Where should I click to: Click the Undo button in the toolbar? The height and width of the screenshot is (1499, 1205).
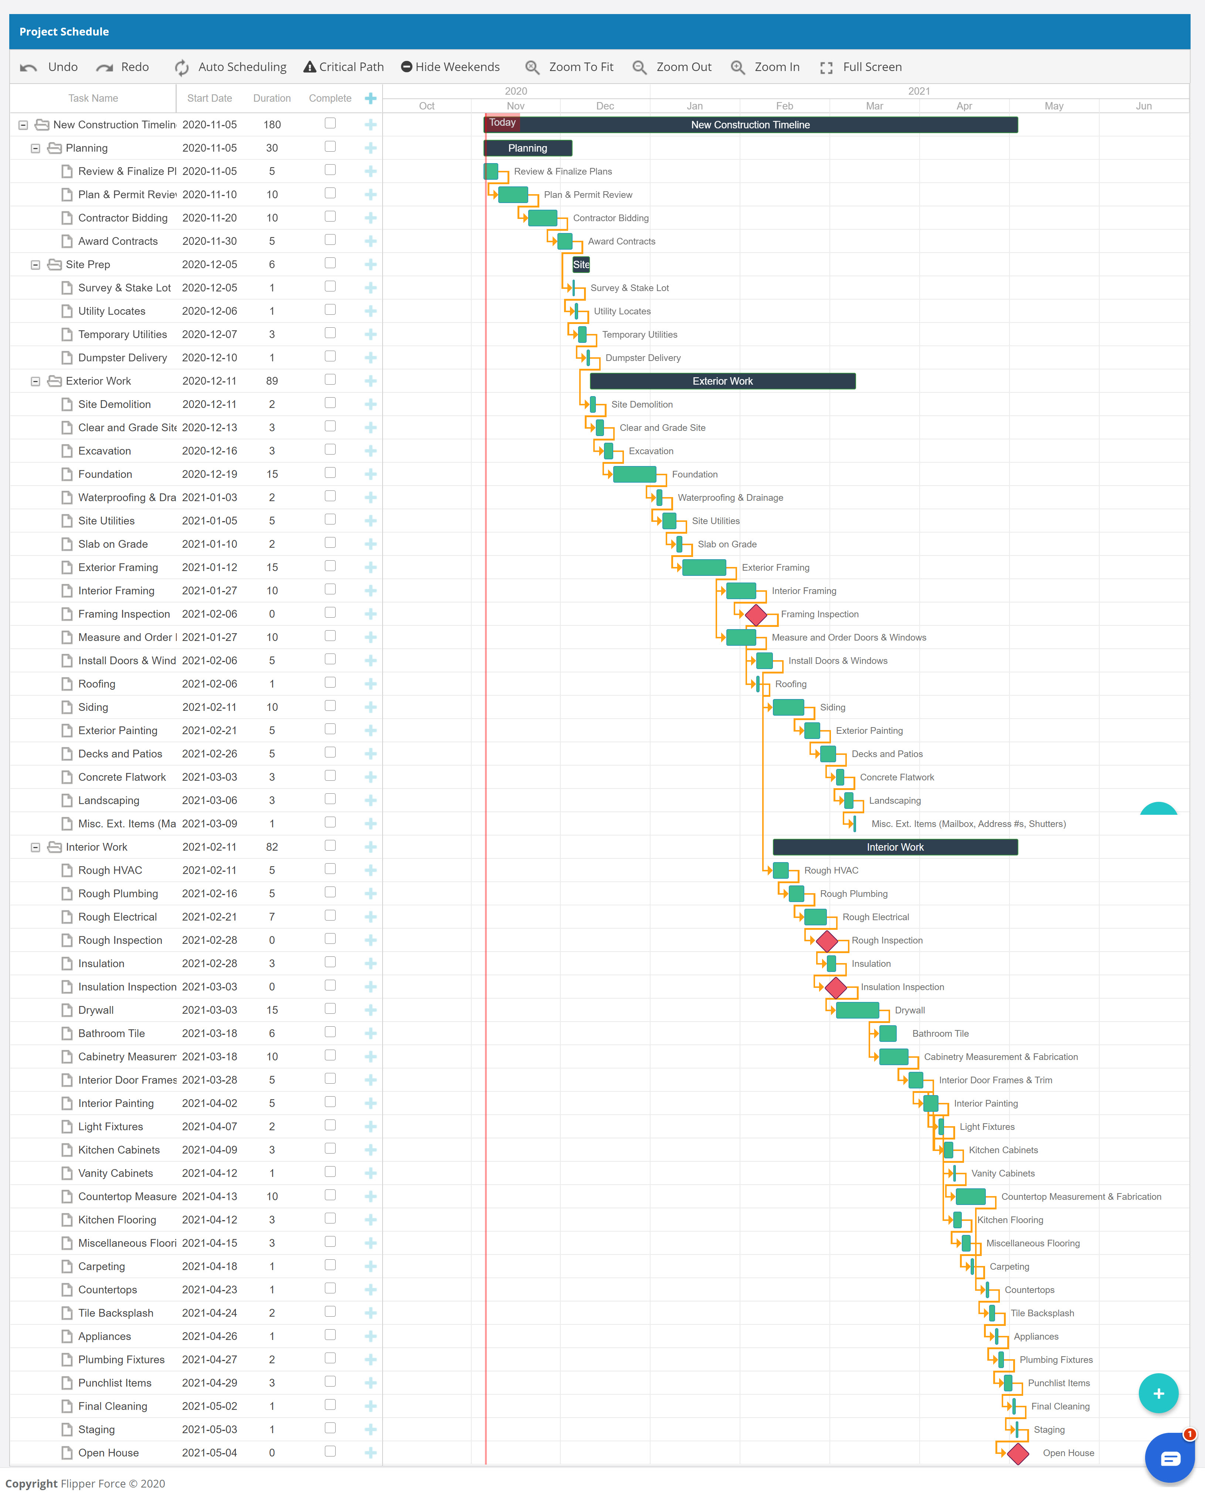[x=49, y=67]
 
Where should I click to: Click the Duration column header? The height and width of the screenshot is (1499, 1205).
[x=272, y=98]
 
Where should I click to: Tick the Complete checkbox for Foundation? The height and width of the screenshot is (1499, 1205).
[x=330, y=473]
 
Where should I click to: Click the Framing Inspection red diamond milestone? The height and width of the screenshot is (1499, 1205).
[x=756, y=615]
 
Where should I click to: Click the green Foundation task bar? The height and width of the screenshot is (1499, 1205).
[x=634, y=474]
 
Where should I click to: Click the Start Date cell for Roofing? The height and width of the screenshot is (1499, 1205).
[x=209, y=684]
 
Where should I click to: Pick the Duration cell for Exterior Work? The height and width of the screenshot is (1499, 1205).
[x=272, y=381]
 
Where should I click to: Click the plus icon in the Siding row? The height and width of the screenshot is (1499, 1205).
[x=370, y=707]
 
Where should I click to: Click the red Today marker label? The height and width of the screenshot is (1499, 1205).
[x=502, y=122]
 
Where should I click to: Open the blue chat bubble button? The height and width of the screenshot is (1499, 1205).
[x=1170, y=1458]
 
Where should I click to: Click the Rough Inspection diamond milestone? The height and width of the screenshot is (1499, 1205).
[x=826, y=941]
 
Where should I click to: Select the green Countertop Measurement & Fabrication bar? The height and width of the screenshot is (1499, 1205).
[x=970, y=1196]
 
